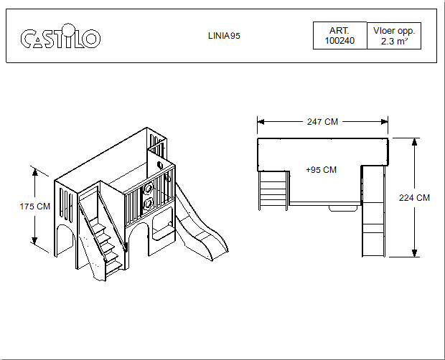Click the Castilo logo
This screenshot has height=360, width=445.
point(60,37)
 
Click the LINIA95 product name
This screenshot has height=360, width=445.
point(218,36)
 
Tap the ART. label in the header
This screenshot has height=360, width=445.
point(339,31)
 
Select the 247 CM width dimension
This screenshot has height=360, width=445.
point(322,122)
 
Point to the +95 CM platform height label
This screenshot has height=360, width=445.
point(321,170)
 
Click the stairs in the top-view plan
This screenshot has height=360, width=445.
point(273,189)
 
